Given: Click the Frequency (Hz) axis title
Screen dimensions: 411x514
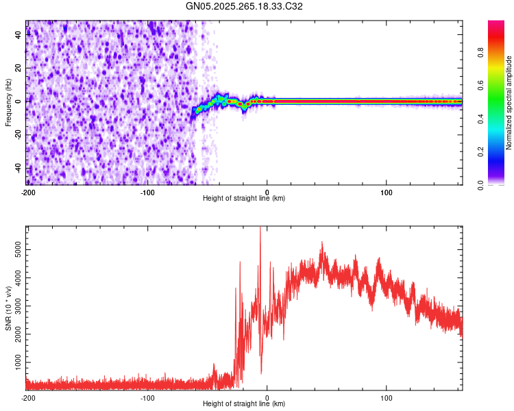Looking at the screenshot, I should click(9, 103).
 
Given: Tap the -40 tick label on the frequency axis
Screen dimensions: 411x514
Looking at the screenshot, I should click(17, 168).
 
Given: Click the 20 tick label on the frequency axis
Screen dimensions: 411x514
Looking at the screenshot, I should click(19, 68).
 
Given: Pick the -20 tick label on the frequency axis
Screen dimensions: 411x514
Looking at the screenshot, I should click(17, 134).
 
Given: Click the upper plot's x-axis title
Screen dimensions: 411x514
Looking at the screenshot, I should click(244, 198).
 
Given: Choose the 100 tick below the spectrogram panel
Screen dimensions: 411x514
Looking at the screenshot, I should click(387, 191).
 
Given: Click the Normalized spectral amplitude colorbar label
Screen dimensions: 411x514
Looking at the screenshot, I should click(509, 103).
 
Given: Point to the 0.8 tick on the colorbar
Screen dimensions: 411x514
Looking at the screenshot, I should click(500, 53).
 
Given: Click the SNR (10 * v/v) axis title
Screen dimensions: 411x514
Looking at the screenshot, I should click(9, 308).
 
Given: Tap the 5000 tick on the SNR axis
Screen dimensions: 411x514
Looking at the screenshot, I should click(17, 251).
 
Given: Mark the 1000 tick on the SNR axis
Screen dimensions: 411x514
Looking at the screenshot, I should click(17, 360).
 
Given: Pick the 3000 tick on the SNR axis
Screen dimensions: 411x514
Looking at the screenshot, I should click(17, 306).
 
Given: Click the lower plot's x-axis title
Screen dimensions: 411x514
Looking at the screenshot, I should click(244, 403).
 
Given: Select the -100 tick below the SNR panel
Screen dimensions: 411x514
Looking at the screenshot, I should click(147, 397).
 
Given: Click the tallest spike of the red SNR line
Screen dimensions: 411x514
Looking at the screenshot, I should click(260, 229).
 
